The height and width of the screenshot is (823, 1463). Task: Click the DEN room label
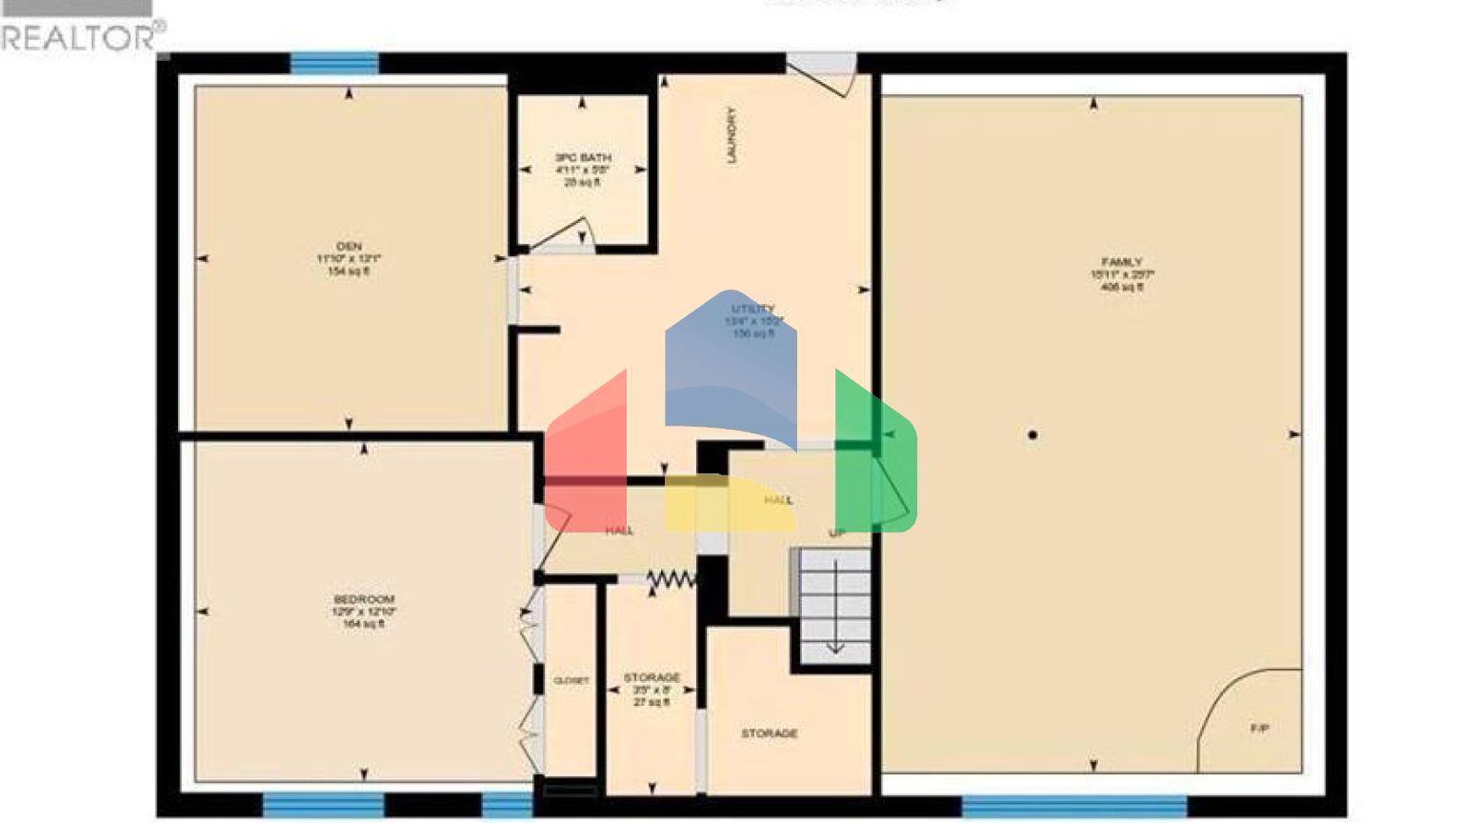(350, 247)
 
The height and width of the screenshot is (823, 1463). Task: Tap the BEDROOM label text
(364, 599)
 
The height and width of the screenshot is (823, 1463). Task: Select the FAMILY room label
(1122, 262)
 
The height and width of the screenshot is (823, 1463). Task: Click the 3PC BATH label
(583, 158)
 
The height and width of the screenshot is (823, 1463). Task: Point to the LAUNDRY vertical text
(731, 134)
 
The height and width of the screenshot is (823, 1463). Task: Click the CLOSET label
(571, 681)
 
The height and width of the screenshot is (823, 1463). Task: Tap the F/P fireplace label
(1259, 729)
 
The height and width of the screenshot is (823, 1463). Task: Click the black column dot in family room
(1032, 435)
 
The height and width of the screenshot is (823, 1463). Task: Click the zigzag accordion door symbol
(671, 578)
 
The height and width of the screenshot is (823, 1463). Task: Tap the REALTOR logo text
(81, 38)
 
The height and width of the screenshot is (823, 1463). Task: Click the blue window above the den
(333, 63)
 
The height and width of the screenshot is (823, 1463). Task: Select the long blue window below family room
(1074, 806)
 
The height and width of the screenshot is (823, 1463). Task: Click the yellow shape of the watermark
(729, 505)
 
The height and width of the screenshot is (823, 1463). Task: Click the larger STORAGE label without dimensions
(770, 733)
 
